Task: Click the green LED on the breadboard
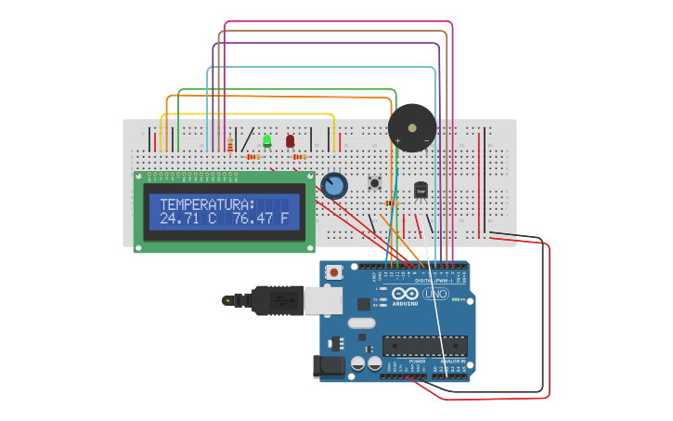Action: tap(266, 141)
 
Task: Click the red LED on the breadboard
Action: tap(290, 141)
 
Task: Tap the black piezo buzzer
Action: tap(411, 127)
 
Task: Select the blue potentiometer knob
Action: tap(334, 186)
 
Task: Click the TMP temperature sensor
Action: tap(421, 190)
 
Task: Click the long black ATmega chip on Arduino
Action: tap(424, 346)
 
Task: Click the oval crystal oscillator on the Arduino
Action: tap(361, 323)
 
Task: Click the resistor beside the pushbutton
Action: tap(392, 203)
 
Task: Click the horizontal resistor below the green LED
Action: tap(252, 157)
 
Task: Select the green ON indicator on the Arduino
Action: tap(457, 299)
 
